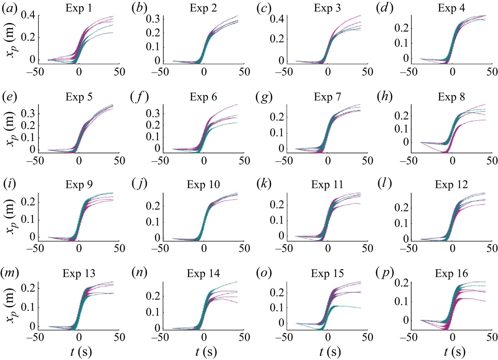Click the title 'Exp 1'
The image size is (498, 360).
[x=79, y=8]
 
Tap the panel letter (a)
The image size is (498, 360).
[x=9, y=8]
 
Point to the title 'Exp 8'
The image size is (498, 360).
[x=451, y=97]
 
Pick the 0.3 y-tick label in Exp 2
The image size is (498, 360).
[x=153, y=19]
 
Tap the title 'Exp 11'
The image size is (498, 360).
[x=327, y=185]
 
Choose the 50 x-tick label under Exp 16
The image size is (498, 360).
[x=492, y=337]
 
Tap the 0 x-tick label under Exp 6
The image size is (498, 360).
[x=204, y=161]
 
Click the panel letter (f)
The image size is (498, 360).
[x=139, y=97]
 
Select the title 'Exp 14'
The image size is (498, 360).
[x=203, y=273]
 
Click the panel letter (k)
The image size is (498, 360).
[x=263, y=184]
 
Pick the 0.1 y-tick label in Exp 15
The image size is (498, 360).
[x=277, y=307]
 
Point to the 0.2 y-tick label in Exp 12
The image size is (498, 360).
[x=401, y=208]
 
